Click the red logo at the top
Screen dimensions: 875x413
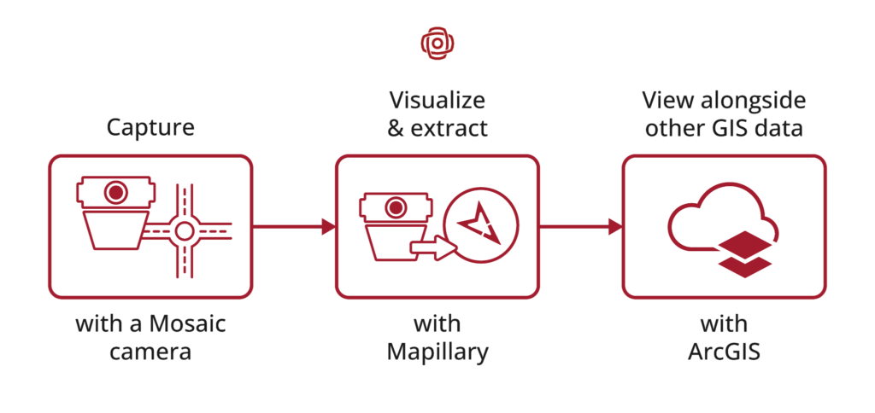coord(437,43)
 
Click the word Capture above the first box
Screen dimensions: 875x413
coord(150,128)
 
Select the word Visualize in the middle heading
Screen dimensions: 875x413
coord(437,101)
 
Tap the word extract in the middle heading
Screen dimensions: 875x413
coord(449,129)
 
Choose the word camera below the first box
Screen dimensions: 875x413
coord(150,352)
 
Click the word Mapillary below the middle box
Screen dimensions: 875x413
coord(437,352)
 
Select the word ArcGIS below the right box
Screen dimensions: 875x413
coord(724,352)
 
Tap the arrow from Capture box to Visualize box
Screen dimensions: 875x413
coord(294,227)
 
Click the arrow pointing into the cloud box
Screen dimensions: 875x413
coord(581,227)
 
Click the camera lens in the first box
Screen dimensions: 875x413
coord(115,192)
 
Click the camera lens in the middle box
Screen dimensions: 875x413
coord(396,208)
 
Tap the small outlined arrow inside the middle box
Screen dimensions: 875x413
coord(433,247)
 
